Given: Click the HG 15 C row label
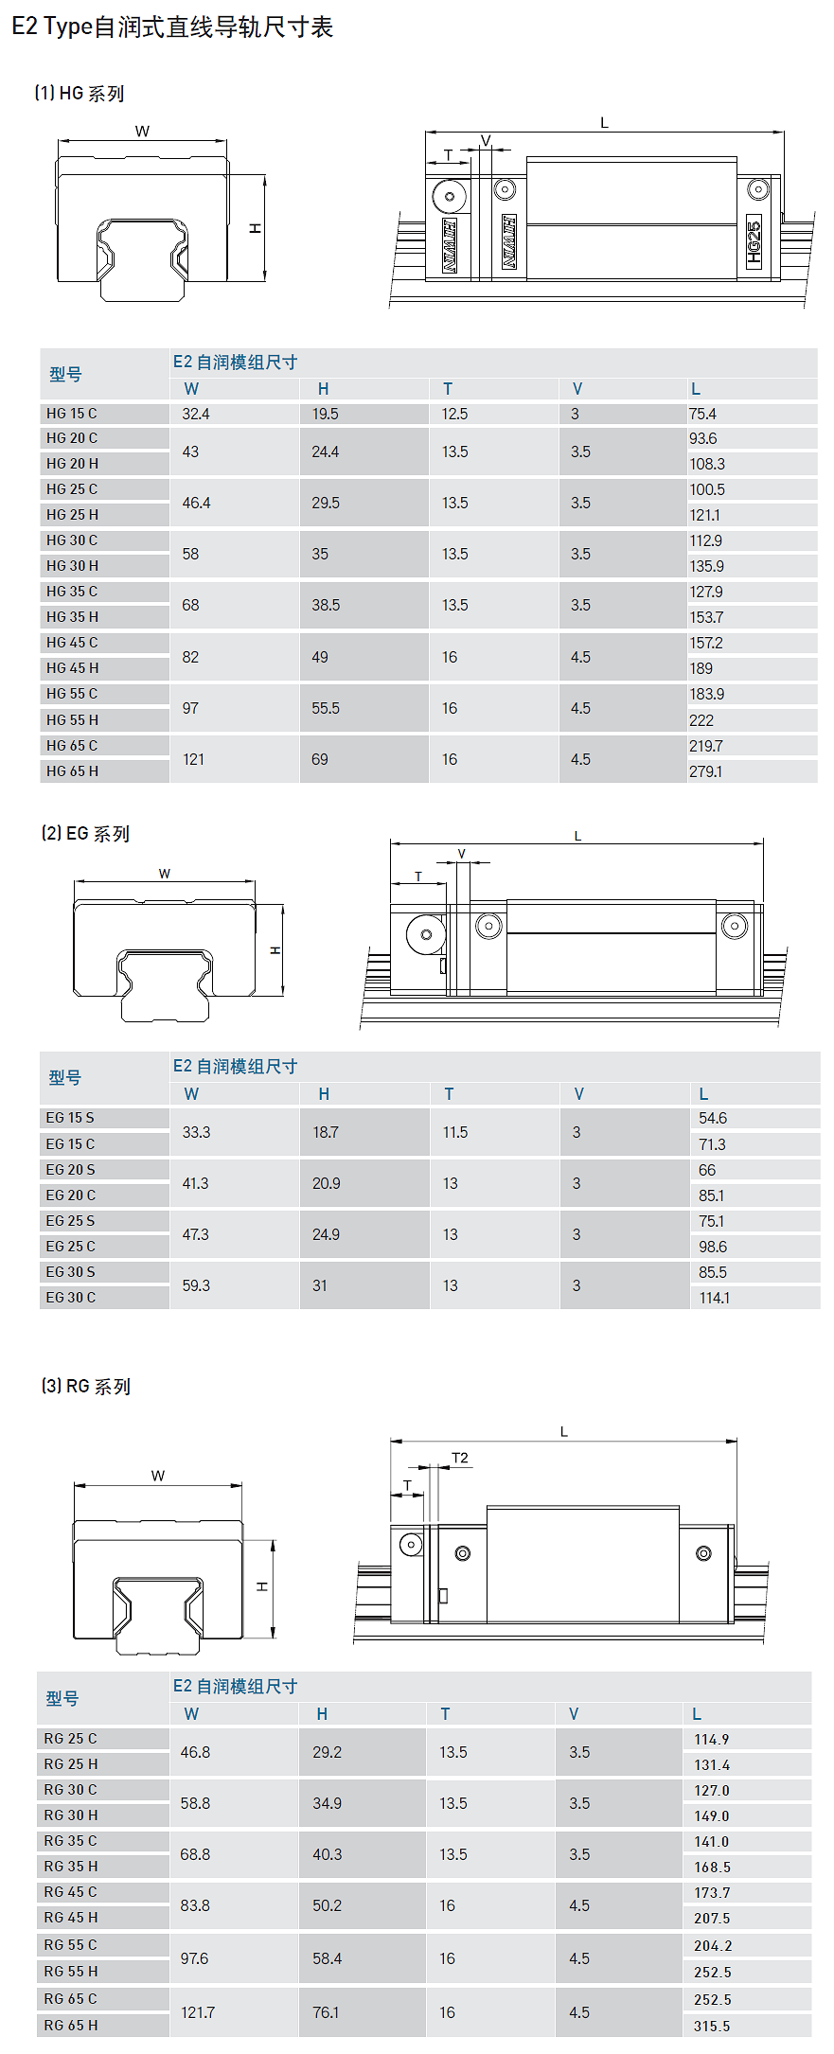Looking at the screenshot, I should (72, 414).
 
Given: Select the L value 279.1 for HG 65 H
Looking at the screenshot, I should (705, 771).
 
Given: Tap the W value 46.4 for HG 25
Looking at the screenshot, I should (196, 503).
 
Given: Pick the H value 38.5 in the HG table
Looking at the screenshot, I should (326, 605).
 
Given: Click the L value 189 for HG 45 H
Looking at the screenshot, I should (701, 668).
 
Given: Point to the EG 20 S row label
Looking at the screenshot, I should (71, 1170).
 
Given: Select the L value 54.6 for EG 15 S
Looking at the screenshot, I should (713, 1118).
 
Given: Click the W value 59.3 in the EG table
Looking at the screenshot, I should (196, 1285).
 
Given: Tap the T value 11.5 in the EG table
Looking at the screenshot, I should (455, 1132).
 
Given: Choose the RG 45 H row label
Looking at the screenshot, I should (71, 1918).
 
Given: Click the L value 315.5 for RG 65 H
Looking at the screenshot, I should (712, 2027).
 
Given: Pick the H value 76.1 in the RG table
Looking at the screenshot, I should (326, 2012).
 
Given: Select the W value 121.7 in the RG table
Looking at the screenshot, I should (198, 2012).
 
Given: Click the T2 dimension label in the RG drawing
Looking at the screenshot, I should (460, 1458).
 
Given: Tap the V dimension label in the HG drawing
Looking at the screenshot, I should (486, 141).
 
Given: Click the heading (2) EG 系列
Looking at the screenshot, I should (85, 833).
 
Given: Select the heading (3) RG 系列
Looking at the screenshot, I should (86, 1386).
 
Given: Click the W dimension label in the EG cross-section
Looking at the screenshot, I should (165, 874).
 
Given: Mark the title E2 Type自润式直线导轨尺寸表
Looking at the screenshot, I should (172, 27).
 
